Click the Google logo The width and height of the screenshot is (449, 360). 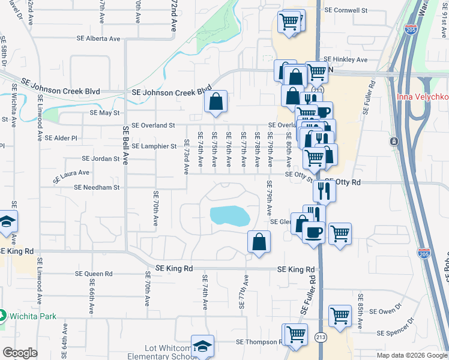pyautogui.click(x=19, y=353)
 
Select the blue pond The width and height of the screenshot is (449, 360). pyautogui.click(x=229, y=215)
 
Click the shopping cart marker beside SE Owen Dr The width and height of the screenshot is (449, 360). pyautogui.click(x=340, y=315)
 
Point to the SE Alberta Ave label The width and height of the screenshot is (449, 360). pyautogui.click(x=98, y=38)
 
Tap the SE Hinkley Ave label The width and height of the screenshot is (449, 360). pyautogui.click(x=345, y=60)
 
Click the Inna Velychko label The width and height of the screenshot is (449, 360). pyautogui.click(x=422, y=97)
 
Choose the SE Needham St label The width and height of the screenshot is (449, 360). pyautogui.click(x=97, y=187)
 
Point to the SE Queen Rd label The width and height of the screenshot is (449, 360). pyautogui.click(x=94, y=273)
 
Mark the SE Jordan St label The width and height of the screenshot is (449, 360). pyautogui.click(x=101, y=159)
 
